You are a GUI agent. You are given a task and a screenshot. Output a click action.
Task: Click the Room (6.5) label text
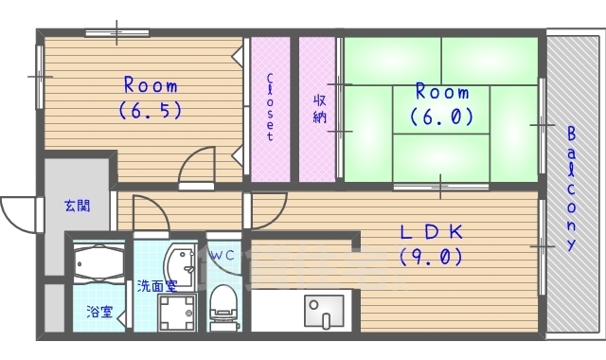pos(150,98)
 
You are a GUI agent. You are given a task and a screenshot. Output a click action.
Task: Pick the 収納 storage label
pos(319,107)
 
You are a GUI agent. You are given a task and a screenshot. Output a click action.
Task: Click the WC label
pos(223,256)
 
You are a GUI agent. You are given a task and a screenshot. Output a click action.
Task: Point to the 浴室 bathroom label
pos(98,310)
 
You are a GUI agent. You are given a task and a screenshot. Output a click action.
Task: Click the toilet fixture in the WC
pos(224,301)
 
